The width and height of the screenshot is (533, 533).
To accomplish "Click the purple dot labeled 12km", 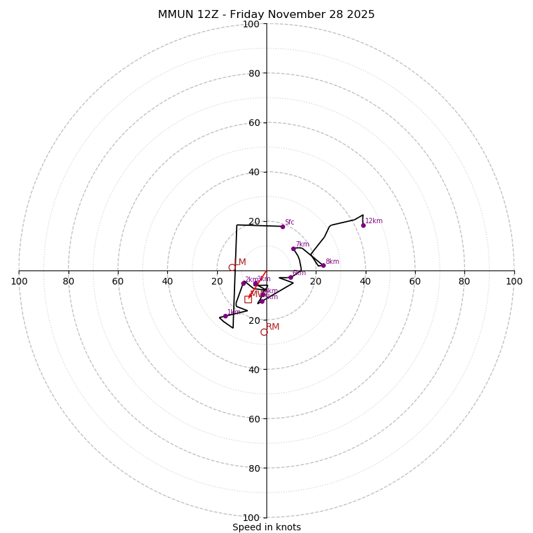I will [x=363, y=225].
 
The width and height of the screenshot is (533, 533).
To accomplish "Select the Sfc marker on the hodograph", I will [x=282, y=227].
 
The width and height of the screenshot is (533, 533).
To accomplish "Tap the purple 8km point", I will [x=323, y=265].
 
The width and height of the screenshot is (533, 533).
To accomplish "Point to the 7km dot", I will [x=293, y=249].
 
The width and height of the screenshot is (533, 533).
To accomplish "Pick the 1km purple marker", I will [x=225, y=316].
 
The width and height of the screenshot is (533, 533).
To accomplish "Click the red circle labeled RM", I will [x=264, y=332].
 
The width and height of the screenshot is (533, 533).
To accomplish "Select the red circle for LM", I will [x=232, y=267].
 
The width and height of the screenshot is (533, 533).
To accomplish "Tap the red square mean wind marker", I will [x=248, y=299].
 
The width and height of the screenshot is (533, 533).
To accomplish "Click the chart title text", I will [x=266, y=15].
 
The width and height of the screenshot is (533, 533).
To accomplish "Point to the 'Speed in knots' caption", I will [x=266, y=527].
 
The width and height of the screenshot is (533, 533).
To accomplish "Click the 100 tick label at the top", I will [x=251, y=25].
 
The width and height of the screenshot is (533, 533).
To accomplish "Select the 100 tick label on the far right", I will [x=514, y=281].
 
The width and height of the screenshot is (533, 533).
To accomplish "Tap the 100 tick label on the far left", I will [x=19, y=281].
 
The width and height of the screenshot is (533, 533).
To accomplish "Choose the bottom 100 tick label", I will [x=251, y=518].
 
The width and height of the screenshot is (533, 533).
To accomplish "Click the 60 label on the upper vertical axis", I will [x=254, y=123].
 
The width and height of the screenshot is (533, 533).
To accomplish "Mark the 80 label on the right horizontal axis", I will [x=464, y=281].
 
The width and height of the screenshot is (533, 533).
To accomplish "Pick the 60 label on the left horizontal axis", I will [x=118, y=281].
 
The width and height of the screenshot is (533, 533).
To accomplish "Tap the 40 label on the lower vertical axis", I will [x=254, y=370].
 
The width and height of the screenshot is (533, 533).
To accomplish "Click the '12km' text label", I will [x=374, y=221].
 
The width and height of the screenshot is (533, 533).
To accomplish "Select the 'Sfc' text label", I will [x=290, y=223].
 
